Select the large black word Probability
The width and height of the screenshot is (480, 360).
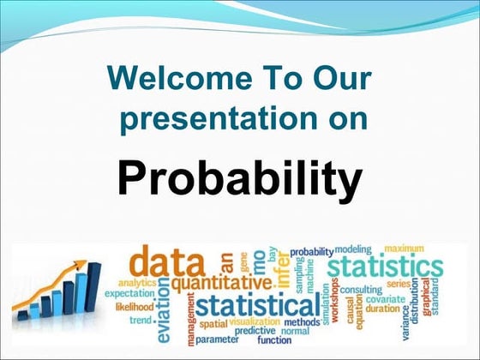[239, 179]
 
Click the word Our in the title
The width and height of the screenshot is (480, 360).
[341, 79]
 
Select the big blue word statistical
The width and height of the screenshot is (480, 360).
[255, 306]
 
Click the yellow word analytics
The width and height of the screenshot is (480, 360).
[137, 281]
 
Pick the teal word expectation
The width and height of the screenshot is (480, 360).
[129, 293]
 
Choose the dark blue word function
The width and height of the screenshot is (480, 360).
[274, 339]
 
